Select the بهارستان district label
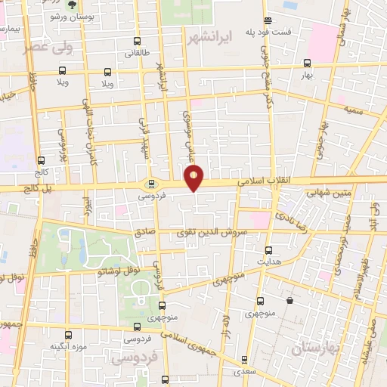[316, 347]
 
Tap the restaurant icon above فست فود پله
[268, 20]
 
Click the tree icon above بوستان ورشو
[72, 4]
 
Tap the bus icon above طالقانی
[137, 41]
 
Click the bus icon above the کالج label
[41, 160]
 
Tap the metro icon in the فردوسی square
[151, 183]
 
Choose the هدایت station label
[268, 261]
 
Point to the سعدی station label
[243, 371]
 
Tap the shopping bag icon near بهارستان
[289, 301]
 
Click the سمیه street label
[354, 110]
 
